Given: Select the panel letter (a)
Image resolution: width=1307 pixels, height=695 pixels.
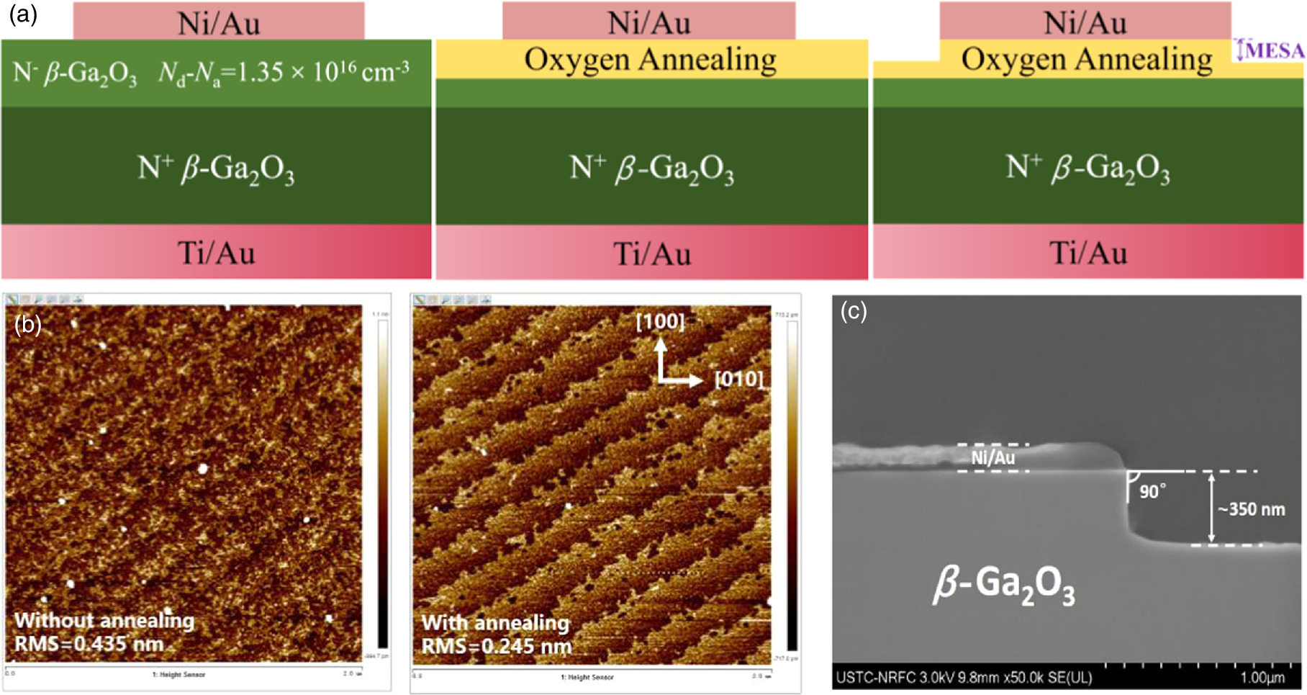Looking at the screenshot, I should click(22, 14).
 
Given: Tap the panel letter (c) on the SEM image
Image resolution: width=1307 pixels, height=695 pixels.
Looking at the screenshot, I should click(854, 311).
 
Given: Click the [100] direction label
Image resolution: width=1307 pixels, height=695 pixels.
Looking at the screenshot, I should click(660, 321).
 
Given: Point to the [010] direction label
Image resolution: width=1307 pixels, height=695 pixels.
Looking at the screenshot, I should click(738, 379).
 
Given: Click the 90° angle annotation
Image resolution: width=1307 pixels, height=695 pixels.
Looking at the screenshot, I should click(1152, 491).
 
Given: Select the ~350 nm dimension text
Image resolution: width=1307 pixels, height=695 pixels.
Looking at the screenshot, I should click(1251, 509).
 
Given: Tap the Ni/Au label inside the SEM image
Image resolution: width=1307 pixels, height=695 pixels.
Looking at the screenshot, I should click(993, 458).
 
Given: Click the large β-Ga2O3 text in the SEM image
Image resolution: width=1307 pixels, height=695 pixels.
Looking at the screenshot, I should click(1004, 585).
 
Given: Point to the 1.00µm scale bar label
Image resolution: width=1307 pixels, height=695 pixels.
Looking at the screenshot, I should click(1262, 678).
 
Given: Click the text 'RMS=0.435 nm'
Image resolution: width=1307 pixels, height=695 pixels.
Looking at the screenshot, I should click(89, 643).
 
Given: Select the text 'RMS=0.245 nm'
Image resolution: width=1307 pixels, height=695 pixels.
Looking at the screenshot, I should click(497, 646).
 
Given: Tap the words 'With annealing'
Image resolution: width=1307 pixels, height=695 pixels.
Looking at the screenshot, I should click(495, 622).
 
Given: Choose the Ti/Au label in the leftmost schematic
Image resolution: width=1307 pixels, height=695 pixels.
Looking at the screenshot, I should click(217, 253).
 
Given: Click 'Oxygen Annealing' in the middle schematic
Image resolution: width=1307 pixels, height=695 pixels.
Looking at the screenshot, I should click(651, 60).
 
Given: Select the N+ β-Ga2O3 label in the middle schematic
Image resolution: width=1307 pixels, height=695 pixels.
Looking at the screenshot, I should click(651, 169).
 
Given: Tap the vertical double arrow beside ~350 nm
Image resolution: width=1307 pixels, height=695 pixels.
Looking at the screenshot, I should click(1211, 508).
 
